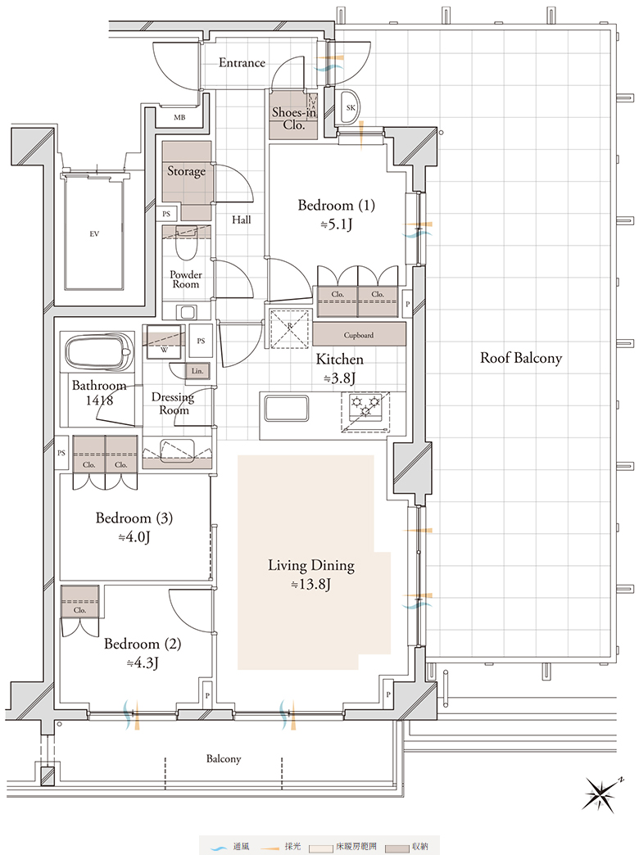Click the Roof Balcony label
pyautogui.click(x=520, y=358)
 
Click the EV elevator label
pyautogui.click(x=94, y=234)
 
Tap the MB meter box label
pyautogui.click(x=179, y=117)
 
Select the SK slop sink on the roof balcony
pyautogui.click(x=350, y=107)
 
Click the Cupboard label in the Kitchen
pyautogui.click(x=359, y=335)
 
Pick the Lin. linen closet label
pyautogui.click(x=197, y=371)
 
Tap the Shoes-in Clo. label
pyautogui.click(x=294, y=118)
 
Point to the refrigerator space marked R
pyautogui.click(x=290, y=328)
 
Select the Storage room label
pyautogui.click(x=186, y=171)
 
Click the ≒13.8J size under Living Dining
pyautogui.click(x=310, y=585)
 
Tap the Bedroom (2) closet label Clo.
pyautogui.click(x=79, y=610)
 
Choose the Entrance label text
pyautogui.click(x=242, y=63)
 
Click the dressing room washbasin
pyautogui.click(x=177, y=450)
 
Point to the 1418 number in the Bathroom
pyautogui.click(x=99, y=400)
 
